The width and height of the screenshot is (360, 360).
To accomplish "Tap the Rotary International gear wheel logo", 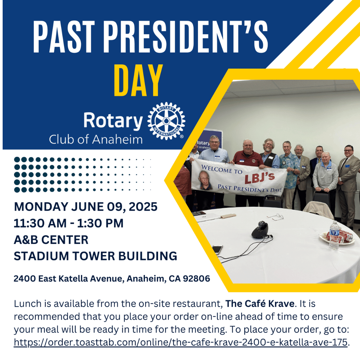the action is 166,121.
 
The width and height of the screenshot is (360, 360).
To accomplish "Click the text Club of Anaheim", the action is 96,139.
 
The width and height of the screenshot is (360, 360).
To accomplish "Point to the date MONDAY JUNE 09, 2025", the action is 86,207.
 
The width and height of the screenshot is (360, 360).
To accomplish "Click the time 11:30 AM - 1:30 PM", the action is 69,223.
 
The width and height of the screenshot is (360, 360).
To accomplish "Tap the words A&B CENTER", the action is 51,240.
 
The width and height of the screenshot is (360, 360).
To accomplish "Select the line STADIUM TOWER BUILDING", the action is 96,256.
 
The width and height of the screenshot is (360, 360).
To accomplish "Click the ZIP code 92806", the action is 196,278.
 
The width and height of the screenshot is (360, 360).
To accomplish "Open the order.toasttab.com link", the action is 180,342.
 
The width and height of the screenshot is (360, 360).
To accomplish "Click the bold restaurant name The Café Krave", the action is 260,304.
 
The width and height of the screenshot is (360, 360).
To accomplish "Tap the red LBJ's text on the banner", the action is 259,178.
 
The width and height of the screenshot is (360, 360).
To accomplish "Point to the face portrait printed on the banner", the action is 205,180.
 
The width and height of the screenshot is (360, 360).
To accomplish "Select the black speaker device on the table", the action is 261,230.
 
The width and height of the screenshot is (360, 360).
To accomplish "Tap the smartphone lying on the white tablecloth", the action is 217,249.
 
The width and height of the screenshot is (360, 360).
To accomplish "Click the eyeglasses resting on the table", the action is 275,217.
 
